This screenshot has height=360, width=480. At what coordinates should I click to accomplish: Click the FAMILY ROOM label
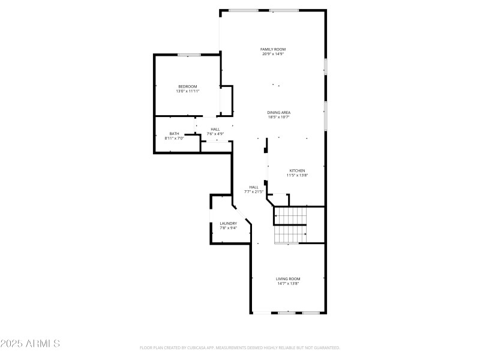point(272,49)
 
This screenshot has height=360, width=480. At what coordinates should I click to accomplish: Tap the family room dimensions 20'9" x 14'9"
point(272,54)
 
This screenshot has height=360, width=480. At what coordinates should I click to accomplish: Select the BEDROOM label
point(187,86)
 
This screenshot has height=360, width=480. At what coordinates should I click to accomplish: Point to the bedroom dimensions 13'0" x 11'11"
point(187,91)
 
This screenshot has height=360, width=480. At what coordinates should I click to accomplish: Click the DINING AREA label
point(279,112)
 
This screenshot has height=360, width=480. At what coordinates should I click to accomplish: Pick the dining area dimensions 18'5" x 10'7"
point(279,117)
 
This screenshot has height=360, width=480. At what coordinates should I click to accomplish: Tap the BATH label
point(174,134)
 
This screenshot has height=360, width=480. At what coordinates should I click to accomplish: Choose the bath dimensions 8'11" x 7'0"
point(174,139)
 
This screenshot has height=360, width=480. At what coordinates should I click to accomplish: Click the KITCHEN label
point(298,170)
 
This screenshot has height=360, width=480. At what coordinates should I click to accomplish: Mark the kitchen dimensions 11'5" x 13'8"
point(298,175)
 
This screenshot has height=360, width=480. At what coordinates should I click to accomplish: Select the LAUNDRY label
point(228,223)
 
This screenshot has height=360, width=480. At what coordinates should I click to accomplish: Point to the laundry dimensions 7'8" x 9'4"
point(228,228)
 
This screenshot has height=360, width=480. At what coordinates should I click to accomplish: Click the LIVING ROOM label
point(288,278)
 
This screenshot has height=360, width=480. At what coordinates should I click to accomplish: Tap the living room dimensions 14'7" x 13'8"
point(288,283)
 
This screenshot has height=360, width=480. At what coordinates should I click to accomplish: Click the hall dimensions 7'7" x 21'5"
point(254,191)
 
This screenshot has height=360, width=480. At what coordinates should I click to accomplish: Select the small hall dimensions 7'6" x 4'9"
point(215,133)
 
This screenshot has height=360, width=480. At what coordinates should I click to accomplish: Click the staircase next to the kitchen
point(290,225)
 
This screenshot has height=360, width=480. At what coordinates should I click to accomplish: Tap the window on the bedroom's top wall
point(188,55)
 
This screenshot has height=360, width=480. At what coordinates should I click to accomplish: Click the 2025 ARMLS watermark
point(30,344)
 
